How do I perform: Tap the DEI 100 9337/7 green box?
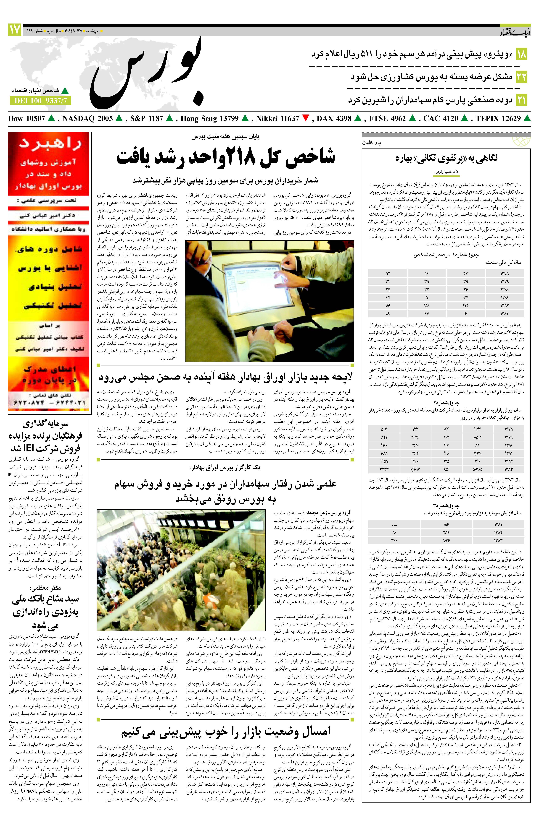40,101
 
